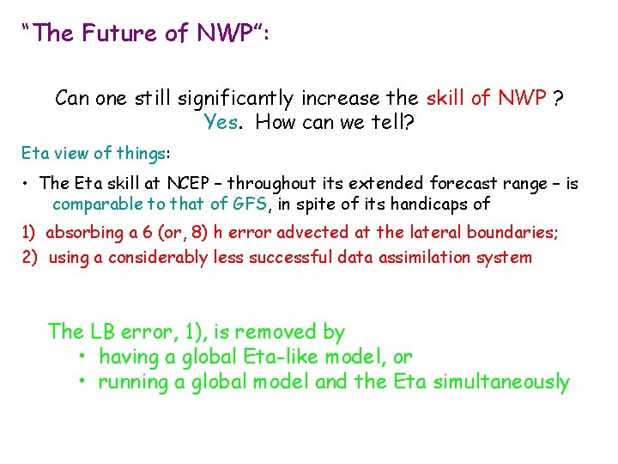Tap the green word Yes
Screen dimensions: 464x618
[221, 122]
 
